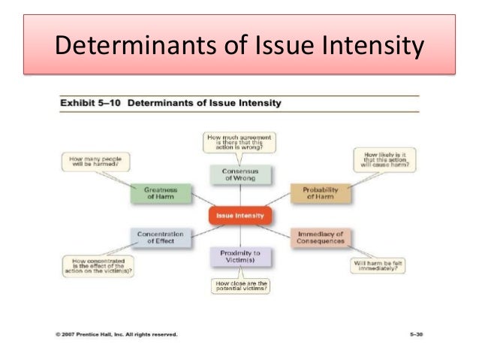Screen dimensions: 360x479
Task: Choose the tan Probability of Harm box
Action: coord(321,194)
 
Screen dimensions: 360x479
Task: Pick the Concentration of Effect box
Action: coord(156,237)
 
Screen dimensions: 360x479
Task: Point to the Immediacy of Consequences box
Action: coord(321,237)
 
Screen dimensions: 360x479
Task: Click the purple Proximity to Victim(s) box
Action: coord(239,257)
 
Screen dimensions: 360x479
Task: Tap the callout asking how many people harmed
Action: coord(96,162)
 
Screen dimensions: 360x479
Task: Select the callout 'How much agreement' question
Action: coord(239,143)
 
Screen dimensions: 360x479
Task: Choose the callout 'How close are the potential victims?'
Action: coord(239,286)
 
